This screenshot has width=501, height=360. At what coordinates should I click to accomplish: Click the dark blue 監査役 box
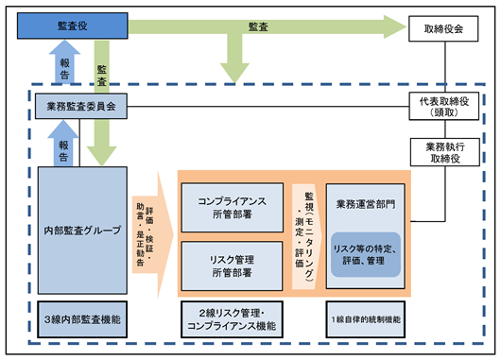tap(73, 26)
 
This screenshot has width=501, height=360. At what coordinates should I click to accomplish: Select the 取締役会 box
tap(443, 28)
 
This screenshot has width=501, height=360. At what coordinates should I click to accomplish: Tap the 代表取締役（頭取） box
tap(444, 107)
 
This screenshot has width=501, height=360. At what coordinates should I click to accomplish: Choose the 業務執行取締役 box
tap(445, 152)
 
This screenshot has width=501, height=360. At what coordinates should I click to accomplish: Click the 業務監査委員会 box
tap(81, 106)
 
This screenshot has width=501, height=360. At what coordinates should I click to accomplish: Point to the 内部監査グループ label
tap(83, 231)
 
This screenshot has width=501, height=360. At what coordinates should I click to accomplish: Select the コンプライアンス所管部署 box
tap(233, 208)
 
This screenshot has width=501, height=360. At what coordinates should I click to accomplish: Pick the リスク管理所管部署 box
tap(232, 266)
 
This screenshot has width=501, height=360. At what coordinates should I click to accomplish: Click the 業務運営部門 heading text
tap(366, 204)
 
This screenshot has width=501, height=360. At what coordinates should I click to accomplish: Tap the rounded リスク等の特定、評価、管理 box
tap(366, 254)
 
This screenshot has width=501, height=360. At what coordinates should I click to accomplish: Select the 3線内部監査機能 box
tap(82, 319)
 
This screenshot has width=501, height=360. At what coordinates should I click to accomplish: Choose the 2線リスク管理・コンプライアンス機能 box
tap(232, 319)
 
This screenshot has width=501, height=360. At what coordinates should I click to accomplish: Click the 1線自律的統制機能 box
tap(366, 319)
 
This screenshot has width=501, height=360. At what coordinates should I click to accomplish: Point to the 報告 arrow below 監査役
tap(64, 62)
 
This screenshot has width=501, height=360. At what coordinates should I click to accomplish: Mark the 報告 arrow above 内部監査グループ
tap(63, 144)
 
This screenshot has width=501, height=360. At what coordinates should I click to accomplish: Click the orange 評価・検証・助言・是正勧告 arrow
tap(153, 234)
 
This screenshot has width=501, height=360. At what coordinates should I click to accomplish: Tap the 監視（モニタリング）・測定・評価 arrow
tap(306, 237)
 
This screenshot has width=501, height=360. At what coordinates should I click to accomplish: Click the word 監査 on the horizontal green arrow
tap(258, 26)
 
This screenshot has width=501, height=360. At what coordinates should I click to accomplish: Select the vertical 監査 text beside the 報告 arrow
tap(101, 76)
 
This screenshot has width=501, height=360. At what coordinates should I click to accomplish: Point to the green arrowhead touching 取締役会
tap(395, 26)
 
